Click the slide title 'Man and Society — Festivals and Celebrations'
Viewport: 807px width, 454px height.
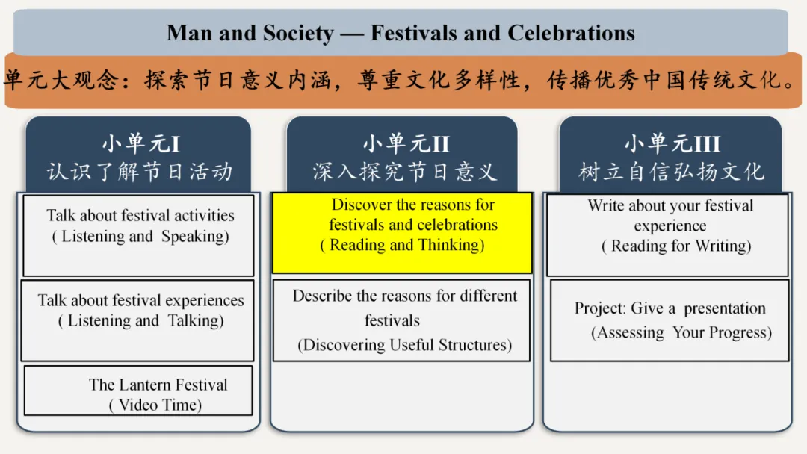coord(401,33)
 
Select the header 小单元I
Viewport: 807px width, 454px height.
coord(140,143)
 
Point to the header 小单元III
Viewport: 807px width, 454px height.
coord(672,143)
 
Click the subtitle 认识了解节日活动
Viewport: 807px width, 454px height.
coord(140,172)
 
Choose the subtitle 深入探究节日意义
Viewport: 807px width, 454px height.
coord(404,172)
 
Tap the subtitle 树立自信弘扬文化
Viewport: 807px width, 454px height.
coord(672,172)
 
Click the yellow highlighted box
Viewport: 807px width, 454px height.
coord(402,233)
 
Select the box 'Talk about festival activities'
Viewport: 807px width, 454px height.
coord(139,235)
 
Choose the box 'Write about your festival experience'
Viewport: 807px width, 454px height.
coord(667,235)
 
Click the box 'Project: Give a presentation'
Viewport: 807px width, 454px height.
coord(670,320)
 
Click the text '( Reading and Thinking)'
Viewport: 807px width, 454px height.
coord(402,245)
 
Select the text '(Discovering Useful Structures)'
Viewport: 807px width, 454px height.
coord(405,345)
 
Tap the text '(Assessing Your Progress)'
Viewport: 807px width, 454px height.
coord(681,333)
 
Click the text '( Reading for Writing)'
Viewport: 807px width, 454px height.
coord(676,246)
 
